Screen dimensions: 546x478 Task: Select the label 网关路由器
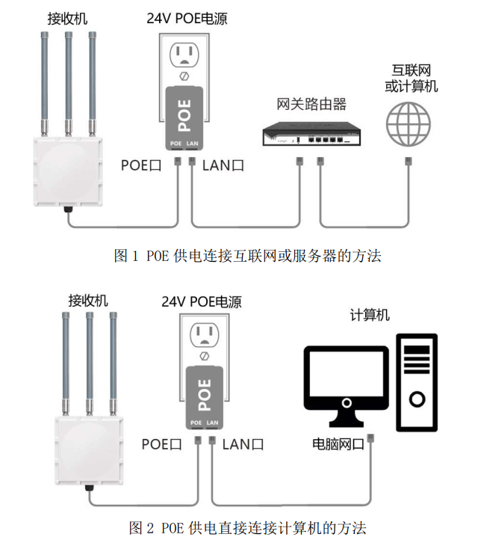(311, 103)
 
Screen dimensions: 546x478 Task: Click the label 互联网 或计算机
(411, 77)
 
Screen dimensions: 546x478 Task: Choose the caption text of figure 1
(247, 256)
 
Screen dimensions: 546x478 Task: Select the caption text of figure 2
(247, 528)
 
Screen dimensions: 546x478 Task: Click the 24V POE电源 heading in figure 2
(202, 301)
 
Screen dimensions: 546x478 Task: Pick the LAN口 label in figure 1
(223, 165)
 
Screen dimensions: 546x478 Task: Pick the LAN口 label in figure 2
(243, 444)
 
